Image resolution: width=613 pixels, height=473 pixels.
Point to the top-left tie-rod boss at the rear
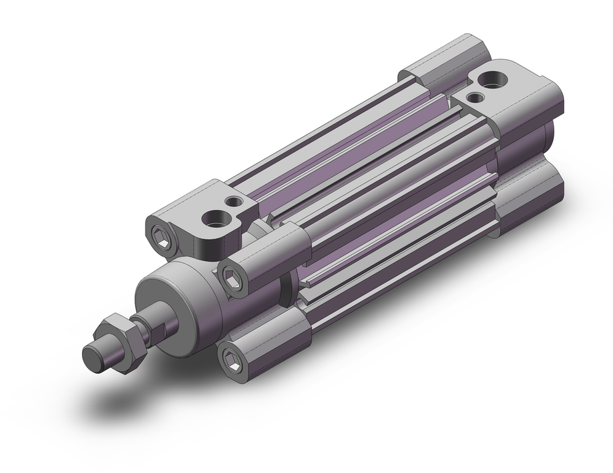[429, 61]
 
